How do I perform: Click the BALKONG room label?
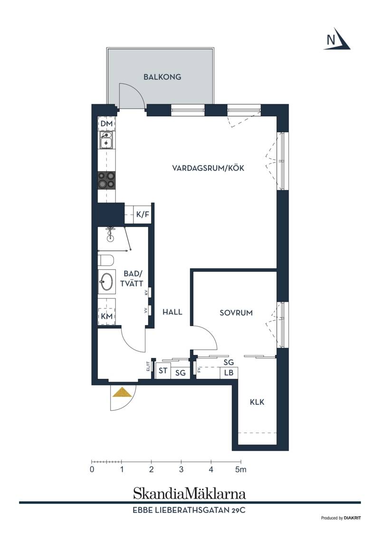click(162, 77)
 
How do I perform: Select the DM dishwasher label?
click(106, 124)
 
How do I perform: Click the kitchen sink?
click(106, 140)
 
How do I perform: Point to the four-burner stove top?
click(106, 180)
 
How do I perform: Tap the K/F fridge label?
click(142, 214)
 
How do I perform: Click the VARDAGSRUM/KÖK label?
click(208, 168)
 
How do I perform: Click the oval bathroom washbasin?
click(106, 281)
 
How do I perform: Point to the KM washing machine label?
click(107, 316)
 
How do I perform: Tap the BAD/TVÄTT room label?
click(132, 279)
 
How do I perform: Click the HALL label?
click(172, 312)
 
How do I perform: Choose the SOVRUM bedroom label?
click(236, 313)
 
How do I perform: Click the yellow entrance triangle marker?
click(122, 393)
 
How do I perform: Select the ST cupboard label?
click(163, 370)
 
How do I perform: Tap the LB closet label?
click(229, 373)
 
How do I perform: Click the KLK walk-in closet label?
click(257, 402)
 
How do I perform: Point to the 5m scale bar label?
click(241, 470)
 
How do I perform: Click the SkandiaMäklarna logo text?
click(190, 493)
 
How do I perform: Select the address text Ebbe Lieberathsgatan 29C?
click(189, 510)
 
